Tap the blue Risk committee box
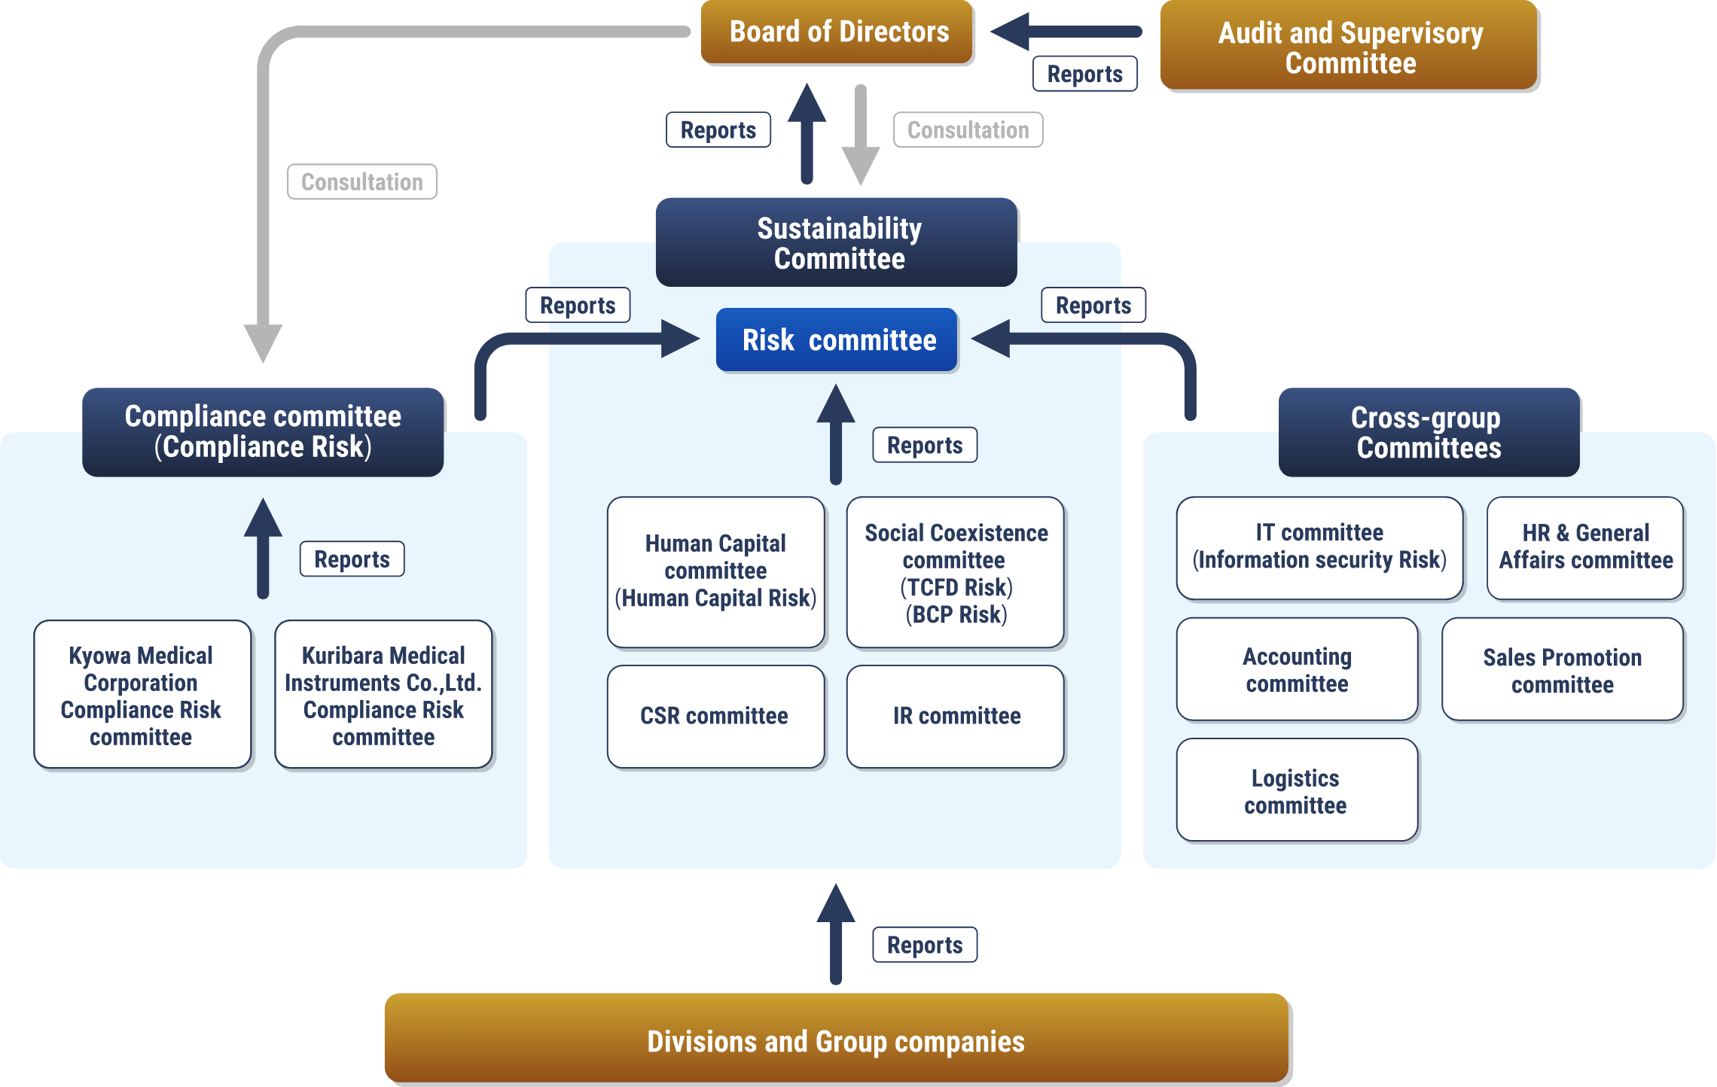837,340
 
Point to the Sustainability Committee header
837,242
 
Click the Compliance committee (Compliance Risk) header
263,432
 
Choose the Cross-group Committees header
1429,432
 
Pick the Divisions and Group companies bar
836,1039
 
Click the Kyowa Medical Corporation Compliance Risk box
142,695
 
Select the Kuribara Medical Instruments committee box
383,695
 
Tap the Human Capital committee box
715,571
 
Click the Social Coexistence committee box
956,573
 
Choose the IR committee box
956,716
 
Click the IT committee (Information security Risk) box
1319,547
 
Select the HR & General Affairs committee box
1585,547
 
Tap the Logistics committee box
1297,790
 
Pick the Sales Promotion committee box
1563,670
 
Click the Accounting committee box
1297,670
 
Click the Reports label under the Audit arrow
1085,74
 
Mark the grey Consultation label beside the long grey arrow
362,182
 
